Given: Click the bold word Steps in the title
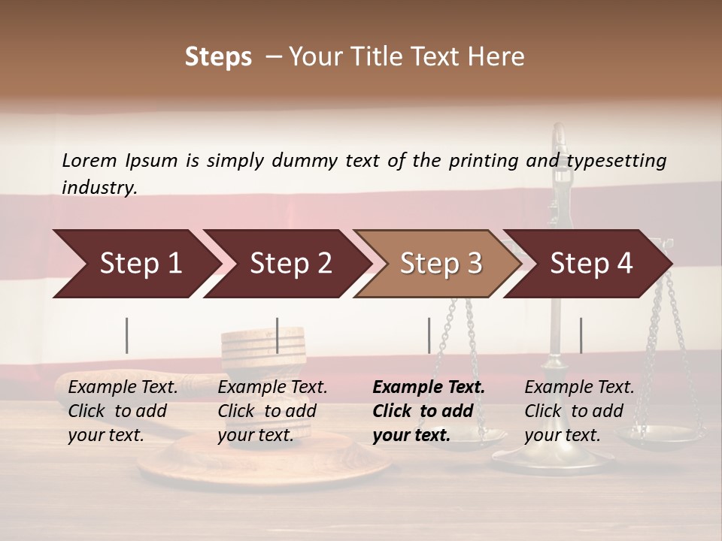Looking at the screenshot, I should click(x=218, y=57).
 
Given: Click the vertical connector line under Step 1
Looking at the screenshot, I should click(x=127, y=335).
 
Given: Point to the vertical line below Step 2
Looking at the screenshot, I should click(x=278, y=335).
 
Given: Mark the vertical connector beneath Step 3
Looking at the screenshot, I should click(x=429, y=335).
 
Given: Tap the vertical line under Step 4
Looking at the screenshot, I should click(x=581, y=335).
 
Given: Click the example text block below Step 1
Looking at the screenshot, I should click(x=123, y=411).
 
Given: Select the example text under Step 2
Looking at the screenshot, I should click(x=272, y=411).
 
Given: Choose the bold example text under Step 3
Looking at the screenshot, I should click(x=429, y=411).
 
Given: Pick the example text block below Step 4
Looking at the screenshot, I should click(x=579, y=411).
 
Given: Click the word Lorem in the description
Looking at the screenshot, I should click(x=89, y=160).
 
